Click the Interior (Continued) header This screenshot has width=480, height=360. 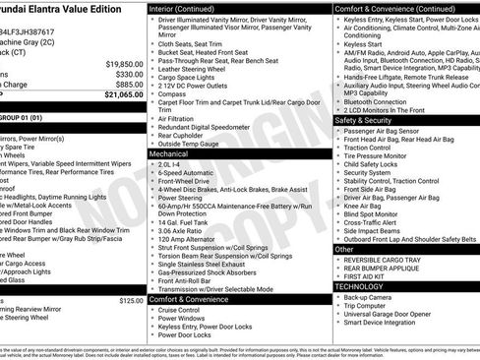[x=182, y=8]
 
